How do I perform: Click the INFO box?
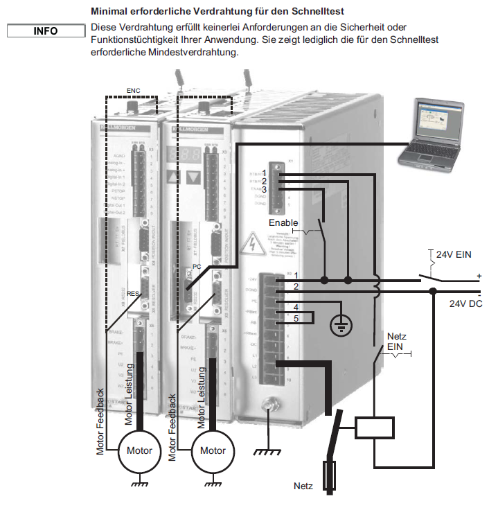46,31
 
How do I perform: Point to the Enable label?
284,223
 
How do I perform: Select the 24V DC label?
465,304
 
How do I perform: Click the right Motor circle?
213,450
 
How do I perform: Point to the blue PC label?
196,266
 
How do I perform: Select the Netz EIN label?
396,341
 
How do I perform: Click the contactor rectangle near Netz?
374,429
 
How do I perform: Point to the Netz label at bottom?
303,486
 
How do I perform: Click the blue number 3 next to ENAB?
283,189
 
